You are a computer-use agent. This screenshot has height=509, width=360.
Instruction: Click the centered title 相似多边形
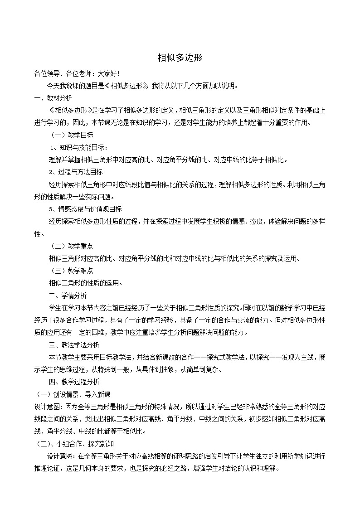click(180, 58)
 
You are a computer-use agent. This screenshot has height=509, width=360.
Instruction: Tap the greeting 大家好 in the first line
click(108, 73)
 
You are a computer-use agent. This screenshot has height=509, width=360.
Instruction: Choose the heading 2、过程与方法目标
click(76, 172)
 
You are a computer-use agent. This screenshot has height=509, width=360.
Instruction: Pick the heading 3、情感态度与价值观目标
click(85, 209)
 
